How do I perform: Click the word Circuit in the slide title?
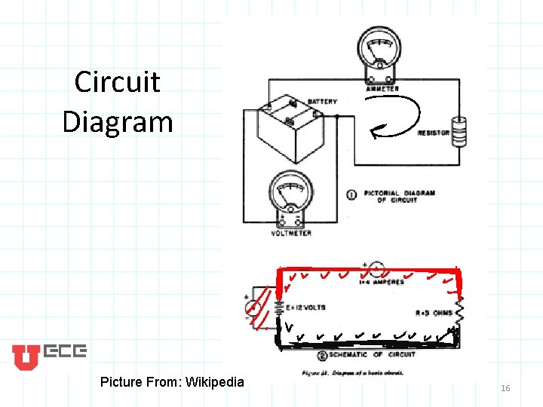(x=117, y=81)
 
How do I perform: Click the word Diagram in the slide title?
(x=117, y=121)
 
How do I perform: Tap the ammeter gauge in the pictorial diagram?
(x=379, y=51)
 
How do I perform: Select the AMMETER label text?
(x=382, y=89)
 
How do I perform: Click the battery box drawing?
(x=287, y=130)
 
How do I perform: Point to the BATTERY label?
(x=322, y=102)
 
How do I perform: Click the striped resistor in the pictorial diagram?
(x=457, y=131)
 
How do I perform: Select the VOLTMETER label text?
(x=290, y=233)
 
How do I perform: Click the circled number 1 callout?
(x=351, y=195)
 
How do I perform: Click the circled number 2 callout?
(x=323, y=355)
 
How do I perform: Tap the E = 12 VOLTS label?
(x=306, y=308)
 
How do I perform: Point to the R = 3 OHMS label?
(x=434, y=313)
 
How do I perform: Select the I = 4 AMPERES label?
(x=383, y=283)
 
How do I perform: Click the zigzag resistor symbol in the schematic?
(x=458, y=311)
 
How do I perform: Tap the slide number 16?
(x=505, y=387)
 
